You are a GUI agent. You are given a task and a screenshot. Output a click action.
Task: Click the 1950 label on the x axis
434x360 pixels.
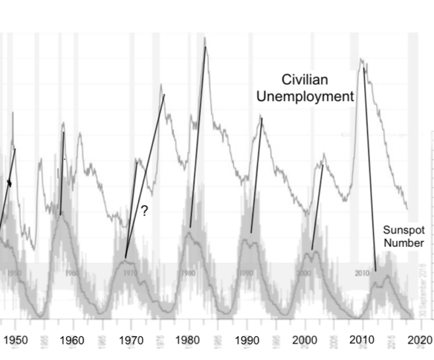pos(15,341)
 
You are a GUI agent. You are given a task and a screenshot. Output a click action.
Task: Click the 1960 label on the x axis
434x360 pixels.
pos(71,341)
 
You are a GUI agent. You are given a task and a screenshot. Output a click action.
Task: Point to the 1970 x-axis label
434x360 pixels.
pos(131,341)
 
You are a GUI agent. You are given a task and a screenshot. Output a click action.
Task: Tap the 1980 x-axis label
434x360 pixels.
pos(189,341)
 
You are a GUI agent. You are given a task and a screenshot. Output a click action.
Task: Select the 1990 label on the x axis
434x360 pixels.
pos(247,341)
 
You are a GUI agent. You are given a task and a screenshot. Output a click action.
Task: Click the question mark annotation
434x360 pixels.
pos(144,212)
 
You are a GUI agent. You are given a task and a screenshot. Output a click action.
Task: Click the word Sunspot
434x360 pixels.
pos(402,230)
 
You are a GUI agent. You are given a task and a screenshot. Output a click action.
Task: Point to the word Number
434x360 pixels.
pos(404,242)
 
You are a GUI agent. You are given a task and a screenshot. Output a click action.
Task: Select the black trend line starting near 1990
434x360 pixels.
pos(256,175)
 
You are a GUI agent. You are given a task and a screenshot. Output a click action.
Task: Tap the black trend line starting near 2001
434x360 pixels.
pos(317,205)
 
